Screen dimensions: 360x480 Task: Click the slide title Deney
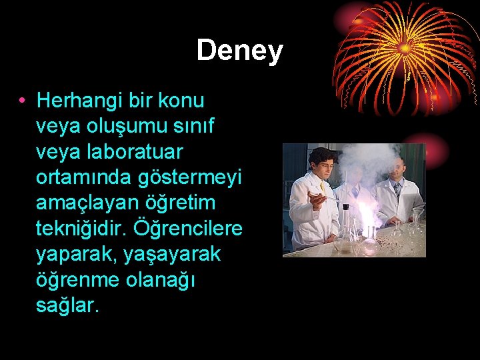pyautogui.click(x=239, y=51)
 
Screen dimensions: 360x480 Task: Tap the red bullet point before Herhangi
pyautogui.click(x=22, y=101)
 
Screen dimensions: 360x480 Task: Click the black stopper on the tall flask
pyautogui.click(x=345, y=207)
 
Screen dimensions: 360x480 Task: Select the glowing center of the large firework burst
pyautogui.click(x=405, y=48)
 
